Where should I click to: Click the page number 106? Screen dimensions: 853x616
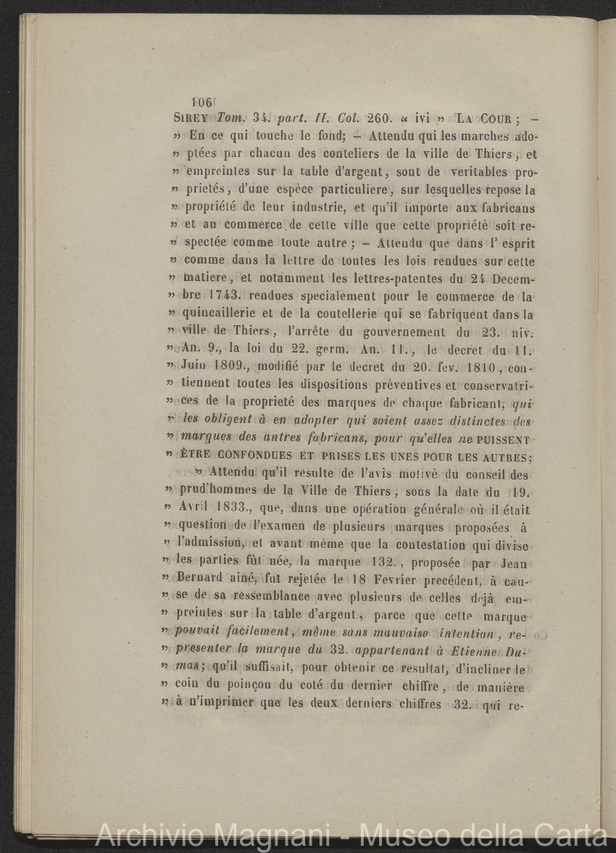pyautogui.click(x=200, y=103)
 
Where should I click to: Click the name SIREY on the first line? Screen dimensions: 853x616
pyautogui.click(x=192, y=119)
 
